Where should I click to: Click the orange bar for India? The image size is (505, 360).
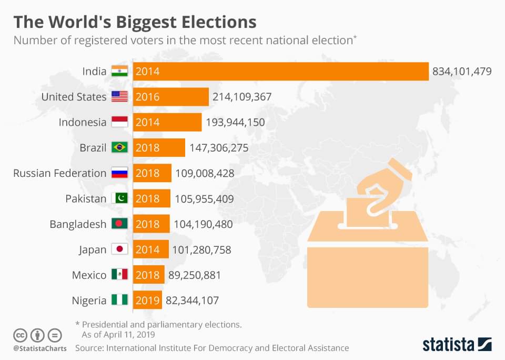pyautogui.click(x=281, y=72)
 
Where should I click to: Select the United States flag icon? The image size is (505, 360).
pyautogui.click(x=119, y=97)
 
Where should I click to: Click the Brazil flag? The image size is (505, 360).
pyautogui.click(x=119, y=148)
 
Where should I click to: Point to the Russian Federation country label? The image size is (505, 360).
pyautogui.click(x=59, y=173)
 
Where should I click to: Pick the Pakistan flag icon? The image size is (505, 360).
pyautogui.click(x=119, y=199)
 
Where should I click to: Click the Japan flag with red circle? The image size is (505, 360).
pyautogui.click(x=119, y=249)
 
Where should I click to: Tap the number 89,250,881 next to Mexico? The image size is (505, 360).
pyautogui.click(x=194, y=275)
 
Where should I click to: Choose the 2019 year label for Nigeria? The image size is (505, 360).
pyautogui.click(x=147, y=301)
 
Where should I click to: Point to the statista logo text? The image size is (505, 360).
pyautogui.click(x=448, y=345)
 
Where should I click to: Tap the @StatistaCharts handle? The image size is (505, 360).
pyautogui.click(x=39, y=348)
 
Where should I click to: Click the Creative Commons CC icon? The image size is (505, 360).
pyautogui.click(x=20, y=335)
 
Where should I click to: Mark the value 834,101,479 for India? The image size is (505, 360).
pyautogui.click(x=462, y=72)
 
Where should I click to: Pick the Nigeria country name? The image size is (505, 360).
pyautogui.click(x=89, y=301)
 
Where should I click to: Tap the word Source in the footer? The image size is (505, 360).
pyautogui.click(x=89, y=348)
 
